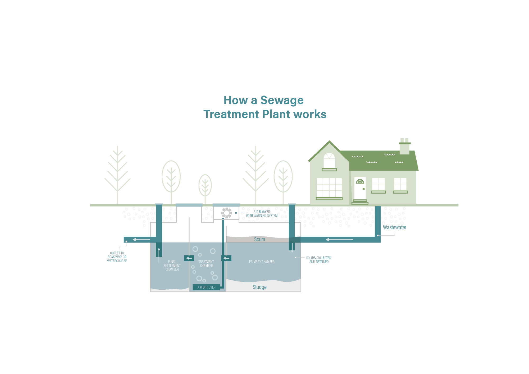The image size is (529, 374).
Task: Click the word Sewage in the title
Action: pyautogui.click(x=282, y=101)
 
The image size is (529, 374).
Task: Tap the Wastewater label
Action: pyautogui.click(x=394, y=227)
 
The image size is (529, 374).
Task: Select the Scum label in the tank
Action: pyautogui.click(x=259, y=239)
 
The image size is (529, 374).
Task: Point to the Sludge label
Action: pyautogui.click(x=259, y=287)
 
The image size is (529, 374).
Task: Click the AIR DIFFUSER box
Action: pyautogui.click(x=206, y=287)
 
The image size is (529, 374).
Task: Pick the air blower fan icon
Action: pyautogui.click(x=226, y=213)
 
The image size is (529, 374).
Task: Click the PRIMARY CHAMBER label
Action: pyautogui.click(x=262, y=262)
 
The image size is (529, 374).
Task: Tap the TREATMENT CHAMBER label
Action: pyautogui.click(x=206, y=264)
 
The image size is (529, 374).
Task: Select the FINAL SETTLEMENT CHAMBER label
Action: pyautogui.click(x=172, y=266)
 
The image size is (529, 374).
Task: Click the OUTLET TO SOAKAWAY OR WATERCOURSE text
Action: pyautogui.click(x=117, y=257)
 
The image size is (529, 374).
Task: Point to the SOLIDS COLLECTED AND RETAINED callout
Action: pyautogui.click(x=319, y=260)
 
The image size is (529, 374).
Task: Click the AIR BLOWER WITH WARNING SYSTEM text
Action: pyautogui.click(x=262, y=214)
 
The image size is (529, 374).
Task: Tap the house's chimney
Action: pyautogui.click(x=404, y=147)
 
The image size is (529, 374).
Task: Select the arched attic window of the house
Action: pyautogui.click(x=329, y=160)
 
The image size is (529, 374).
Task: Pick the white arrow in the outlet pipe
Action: pyautogui.click(x=141, y=240)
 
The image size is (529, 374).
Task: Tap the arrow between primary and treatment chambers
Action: pyautogui.click(x=226, y=258)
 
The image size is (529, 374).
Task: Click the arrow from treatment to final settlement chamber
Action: pyautogui.click(x=189, y=258)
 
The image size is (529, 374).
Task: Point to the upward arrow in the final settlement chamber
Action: pyautogui.click(x=159, y=252)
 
